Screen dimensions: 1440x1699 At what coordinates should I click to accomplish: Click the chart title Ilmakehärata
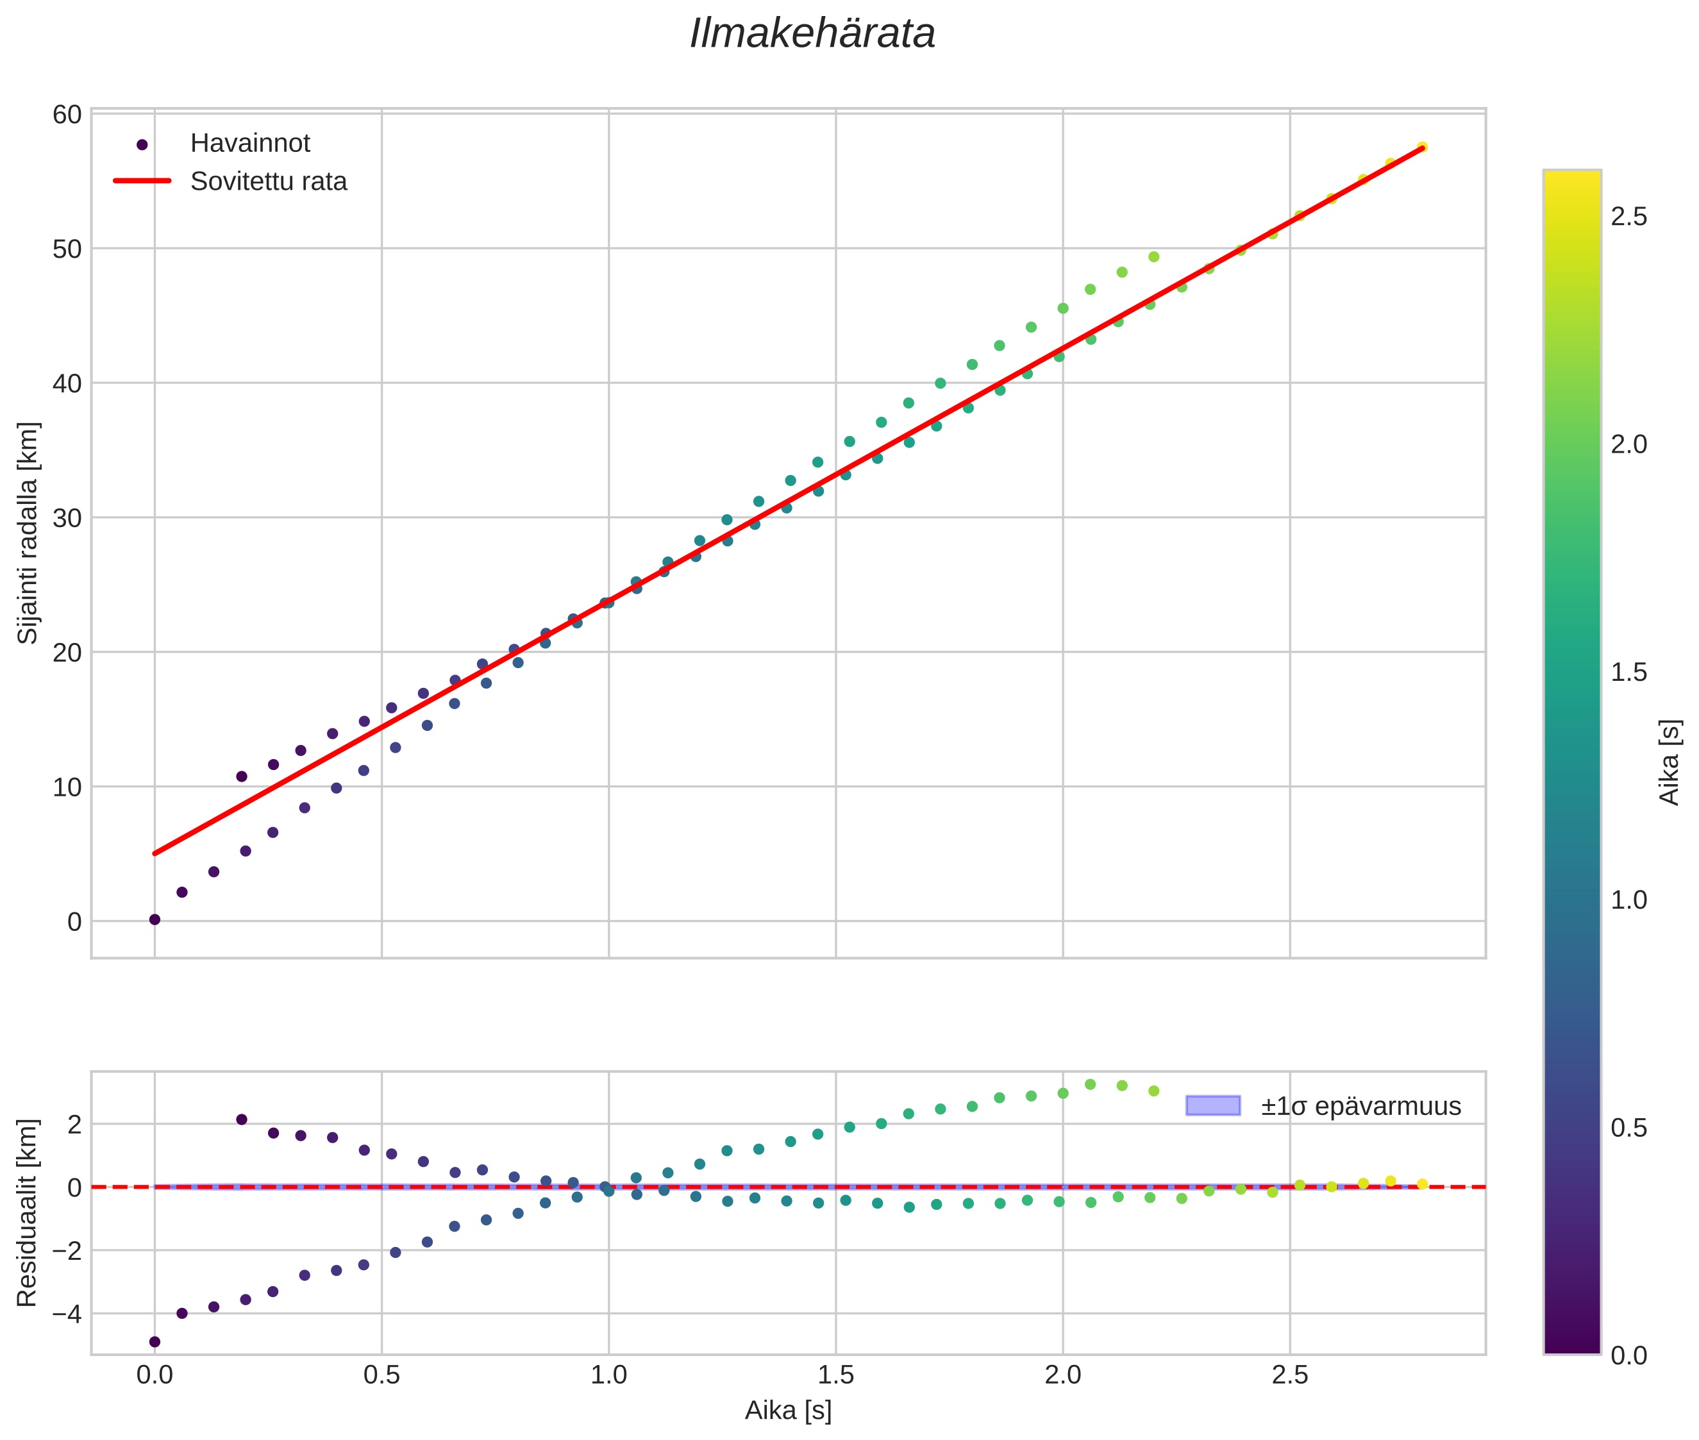point(812,34)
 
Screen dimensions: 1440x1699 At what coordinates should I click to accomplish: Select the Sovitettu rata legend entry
point(268,181)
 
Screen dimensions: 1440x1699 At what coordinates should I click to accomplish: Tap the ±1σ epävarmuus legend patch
point(1212,1105)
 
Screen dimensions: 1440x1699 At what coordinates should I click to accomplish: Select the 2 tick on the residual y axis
point(74,1124)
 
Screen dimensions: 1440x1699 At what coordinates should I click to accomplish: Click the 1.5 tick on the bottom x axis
point(835,1375)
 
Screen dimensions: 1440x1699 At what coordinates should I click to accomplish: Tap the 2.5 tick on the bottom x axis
point(1289,1375)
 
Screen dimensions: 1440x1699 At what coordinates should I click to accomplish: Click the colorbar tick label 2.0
point(1628,445)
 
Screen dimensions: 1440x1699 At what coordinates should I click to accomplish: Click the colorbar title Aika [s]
point(1669,762)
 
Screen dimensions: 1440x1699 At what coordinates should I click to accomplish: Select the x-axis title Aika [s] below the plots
point(788,1411)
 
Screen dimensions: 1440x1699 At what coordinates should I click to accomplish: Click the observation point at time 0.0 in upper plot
point(155,919)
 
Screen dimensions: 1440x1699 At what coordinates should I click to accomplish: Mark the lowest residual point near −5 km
point(155,1341)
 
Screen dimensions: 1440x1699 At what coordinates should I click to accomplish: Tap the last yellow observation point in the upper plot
point(1421,147)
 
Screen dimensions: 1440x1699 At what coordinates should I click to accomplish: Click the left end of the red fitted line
point(155,853)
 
